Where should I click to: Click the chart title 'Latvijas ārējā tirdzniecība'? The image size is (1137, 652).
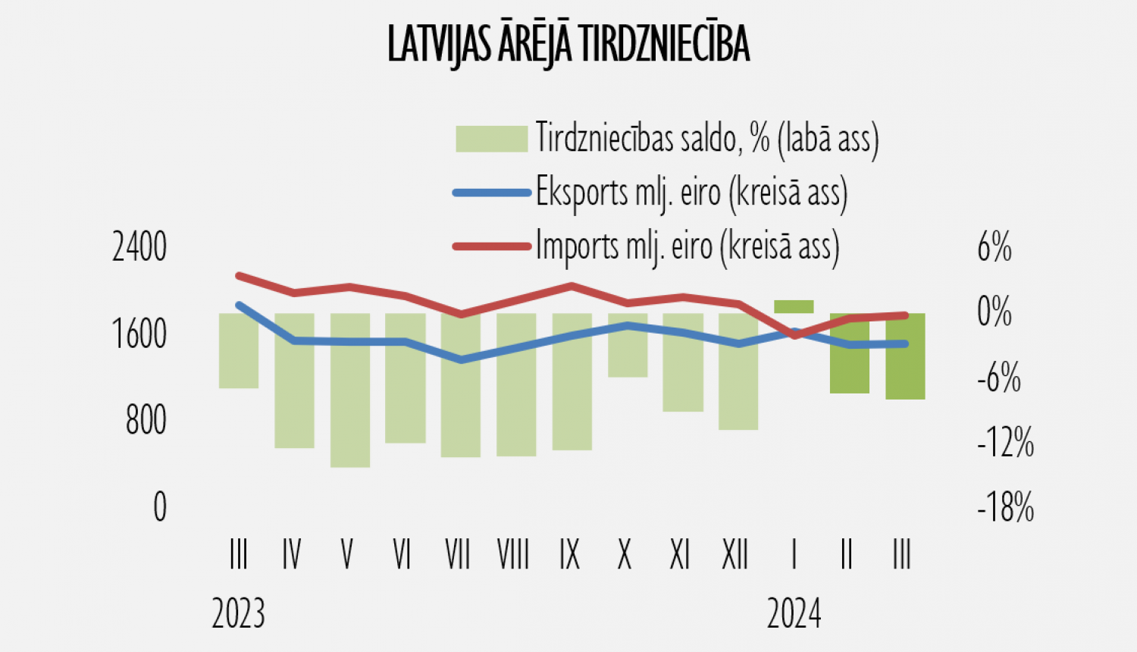pyautogui.click(x=568, y=44)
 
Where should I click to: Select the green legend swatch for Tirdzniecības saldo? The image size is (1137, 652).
pyautogui.click(x=491, y=139)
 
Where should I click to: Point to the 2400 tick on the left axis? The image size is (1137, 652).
pyautogui.click(x=139, y=247)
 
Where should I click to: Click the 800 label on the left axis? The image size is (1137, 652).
pyautogui.click(x=146, y=420)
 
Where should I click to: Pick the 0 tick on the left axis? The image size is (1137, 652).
pyautogui.click(x=159, y=506)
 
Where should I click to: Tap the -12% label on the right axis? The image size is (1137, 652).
pyautogui.click(x=1005, y=443)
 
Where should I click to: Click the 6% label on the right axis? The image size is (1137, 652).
pyautogui.click(x=994, y=247)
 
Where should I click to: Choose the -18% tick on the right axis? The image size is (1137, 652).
pyautogui.click(x=1005, y=507)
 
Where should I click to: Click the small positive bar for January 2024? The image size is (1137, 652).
pyautogui.click(x=794, y=306)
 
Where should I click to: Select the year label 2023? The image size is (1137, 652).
pyautogui.click(x=239, y=613)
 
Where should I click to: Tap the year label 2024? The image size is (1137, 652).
pyautogui.click(x=794, y=613)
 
